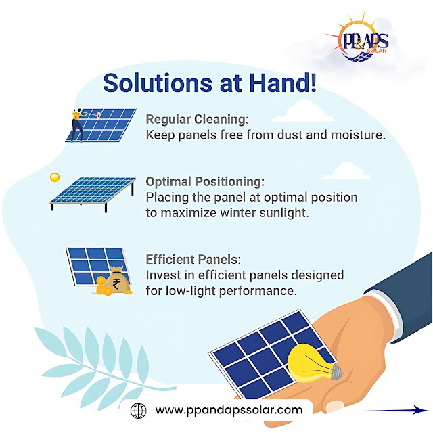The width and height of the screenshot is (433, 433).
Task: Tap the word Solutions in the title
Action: (x=158, y=83)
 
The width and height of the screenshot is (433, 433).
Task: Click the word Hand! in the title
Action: (x=283, y=83)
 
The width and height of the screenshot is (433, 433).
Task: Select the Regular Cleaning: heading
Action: (x=197, y=119)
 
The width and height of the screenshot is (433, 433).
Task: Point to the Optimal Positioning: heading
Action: (x=205, y=182)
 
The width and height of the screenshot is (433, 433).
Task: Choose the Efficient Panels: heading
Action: (x=193, y=260)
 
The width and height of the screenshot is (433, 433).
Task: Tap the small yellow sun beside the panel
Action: (x=55, y=177)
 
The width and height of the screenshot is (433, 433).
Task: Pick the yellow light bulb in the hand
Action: (x=314, y=363)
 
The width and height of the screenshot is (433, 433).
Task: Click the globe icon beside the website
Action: (x=138, y=411)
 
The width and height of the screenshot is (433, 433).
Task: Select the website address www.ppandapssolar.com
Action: (x=229, y=410)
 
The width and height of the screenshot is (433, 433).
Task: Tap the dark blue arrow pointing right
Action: (x=395, y=410)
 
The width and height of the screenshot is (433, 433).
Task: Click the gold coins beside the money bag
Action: (x=103, y=286)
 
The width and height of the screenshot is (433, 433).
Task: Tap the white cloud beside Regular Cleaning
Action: (x=303, y=111)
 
